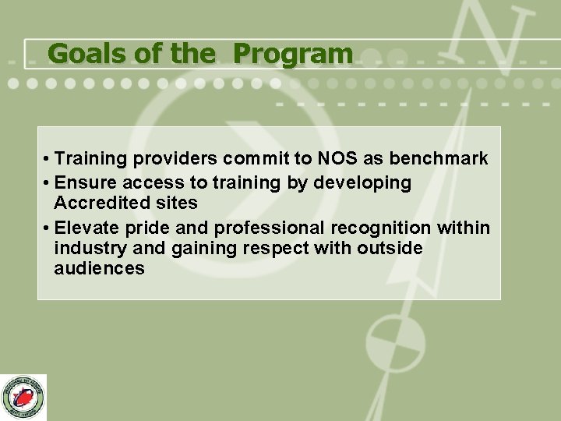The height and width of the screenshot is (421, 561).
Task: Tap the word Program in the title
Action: click(x=293, y=54)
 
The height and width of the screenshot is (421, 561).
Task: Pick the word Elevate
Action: click(x=86, y=228)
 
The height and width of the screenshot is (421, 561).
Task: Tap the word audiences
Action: click(x=99, y=269)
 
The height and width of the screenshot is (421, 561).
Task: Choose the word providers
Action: click(x=175, y=159)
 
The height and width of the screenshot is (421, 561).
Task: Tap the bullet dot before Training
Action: click(x=48, y=160)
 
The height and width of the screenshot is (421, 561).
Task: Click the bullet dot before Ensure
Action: click(x=48, y=183)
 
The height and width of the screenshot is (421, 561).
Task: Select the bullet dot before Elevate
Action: click(x=48, y=228)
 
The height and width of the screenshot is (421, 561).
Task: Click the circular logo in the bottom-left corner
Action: click(x=23, y=398)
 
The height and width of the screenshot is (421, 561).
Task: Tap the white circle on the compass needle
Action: click(x=396, y=342)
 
